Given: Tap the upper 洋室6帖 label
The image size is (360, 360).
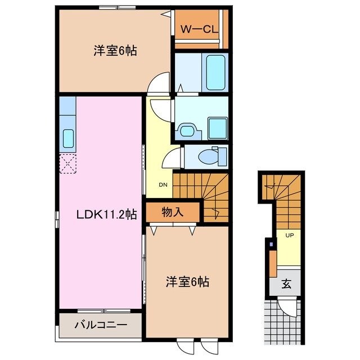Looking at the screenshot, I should click(x=115, y=51).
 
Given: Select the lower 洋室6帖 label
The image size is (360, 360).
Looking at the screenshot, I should click(x=187, y=281).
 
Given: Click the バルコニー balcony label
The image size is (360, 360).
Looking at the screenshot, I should click(x=101, y=324).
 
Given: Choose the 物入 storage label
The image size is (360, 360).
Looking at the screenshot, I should click(x=173, y=212).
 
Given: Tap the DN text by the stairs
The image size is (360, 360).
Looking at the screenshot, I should click(x=162, y=185).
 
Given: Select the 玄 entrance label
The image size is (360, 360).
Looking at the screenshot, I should click(x=287, y=284).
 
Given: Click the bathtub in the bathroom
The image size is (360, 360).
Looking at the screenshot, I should click(x=215, y=73).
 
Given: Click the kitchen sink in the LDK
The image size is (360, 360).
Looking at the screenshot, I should click(x=67, y=137).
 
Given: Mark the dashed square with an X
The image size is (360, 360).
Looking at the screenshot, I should click(x=68, y=163).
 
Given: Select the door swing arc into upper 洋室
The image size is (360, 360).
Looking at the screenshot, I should click(x=157, y=82).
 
